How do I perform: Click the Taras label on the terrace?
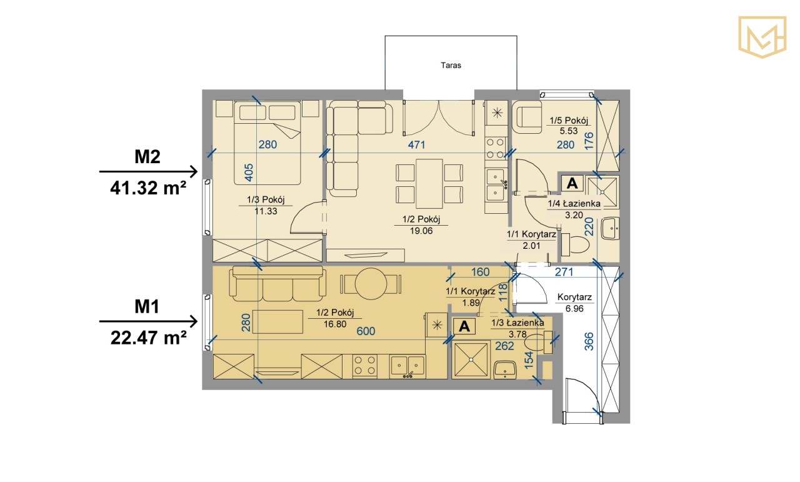(451, 66)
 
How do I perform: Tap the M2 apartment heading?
(147, 156)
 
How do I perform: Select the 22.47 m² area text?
(148, 338)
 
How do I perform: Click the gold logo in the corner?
(762, 37)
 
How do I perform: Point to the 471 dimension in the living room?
(416, 144)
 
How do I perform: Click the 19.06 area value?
(421, 231)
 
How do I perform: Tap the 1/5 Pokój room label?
(569, 121)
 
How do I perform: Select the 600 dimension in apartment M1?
(366, 331)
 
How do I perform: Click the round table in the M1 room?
(371, 284)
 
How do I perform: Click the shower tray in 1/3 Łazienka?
(471, 359)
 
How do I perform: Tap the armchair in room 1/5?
(526, 117)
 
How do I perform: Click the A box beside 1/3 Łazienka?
(464, 326)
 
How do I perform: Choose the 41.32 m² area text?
(148, 188)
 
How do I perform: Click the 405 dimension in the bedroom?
(249, 173)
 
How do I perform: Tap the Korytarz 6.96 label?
(574, 303)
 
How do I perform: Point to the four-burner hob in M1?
(365, 366)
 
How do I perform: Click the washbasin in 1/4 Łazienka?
(611, 229)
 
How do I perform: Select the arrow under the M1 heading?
(148, 321)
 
